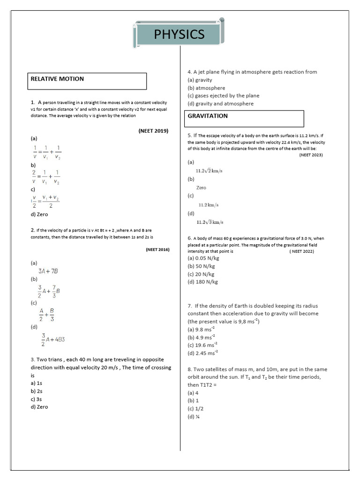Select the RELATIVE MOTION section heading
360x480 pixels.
57,79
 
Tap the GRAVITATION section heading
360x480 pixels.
208,116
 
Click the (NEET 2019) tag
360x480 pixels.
153,131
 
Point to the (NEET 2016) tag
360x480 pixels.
157,250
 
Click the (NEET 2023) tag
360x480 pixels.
311,155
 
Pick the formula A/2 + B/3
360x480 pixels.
46,315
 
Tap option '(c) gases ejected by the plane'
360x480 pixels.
223,96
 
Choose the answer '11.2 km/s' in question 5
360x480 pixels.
209,205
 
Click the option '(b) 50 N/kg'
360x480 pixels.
202,266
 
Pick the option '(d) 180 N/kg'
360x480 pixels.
202,282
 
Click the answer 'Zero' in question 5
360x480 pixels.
201,187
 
